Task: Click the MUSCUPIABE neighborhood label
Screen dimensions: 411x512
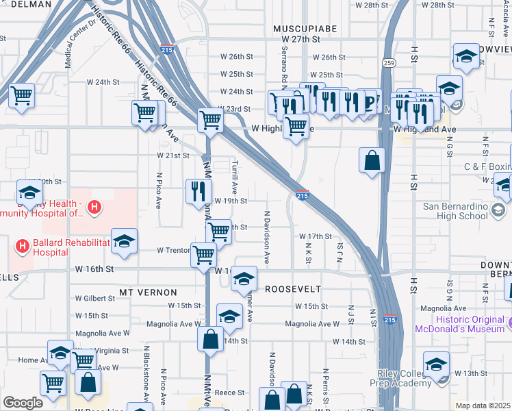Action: pyautogui.click(x=301, y=28)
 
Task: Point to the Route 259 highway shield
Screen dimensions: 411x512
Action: pyautogui.click(x=389, y=62)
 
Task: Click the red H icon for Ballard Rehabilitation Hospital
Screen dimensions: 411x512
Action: pyautogui.click(x=23, y=245)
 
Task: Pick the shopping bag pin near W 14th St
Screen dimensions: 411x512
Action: pyautogui.click(x=210, y=338)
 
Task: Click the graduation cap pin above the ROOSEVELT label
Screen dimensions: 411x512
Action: pyautogui.click(x=243, y=278)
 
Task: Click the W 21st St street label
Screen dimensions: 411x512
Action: pyautogui.click(x=172, y=155)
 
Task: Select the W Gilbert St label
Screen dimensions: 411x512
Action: pyautogui.click(x=96, y=299)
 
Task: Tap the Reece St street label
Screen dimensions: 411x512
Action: pyautogui.click(x=230, y=393)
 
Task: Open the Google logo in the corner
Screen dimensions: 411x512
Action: pyautogui.click(x=23, y=403)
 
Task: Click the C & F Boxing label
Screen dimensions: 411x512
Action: pyautogui.click(x=487, y=166)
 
